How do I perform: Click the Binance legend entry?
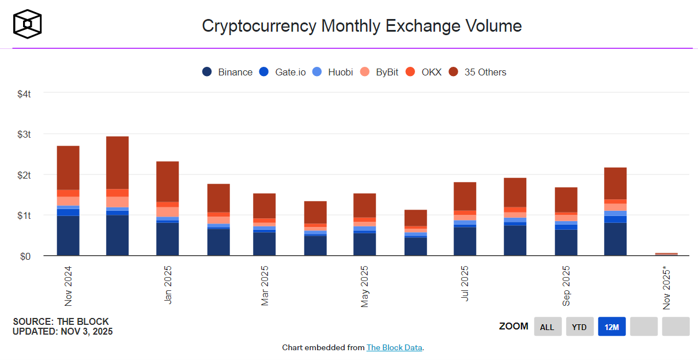228,72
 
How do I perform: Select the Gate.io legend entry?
282,72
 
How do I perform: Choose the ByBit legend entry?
379,72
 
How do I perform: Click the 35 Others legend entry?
478,72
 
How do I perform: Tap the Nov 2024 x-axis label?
69,286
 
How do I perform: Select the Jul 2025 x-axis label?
465,284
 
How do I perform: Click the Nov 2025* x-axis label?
667,287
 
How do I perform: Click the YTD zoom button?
579,327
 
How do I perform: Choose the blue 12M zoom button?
612,327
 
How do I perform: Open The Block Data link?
395,347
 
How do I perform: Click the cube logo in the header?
28,25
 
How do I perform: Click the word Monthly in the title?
355,26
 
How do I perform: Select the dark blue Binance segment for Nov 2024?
68,236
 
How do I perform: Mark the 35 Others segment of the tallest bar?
118,162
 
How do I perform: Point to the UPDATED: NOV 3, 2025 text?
63,331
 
